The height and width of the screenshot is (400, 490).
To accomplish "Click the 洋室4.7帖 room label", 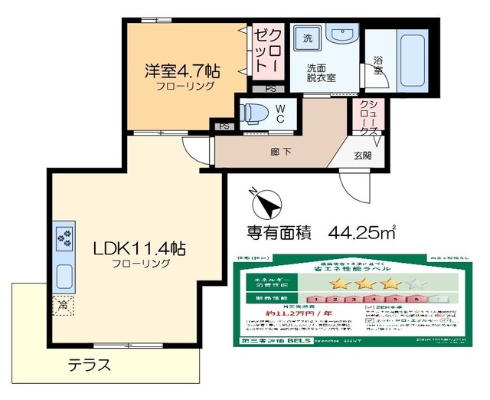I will pyautogui.click(x=183, y=72).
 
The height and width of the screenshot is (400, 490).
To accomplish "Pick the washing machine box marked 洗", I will pyautogui.click(x=307, y=38).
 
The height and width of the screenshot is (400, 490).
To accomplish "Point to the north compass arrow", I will pyautogui.click(x=265, y=204).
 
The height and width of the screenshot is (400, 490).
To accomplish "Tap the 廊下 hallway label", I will pyautogui.click(x=281, y=152).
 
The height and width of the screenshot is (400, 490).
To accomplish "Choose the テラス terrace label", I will pyautogui.click(x=90, y=364).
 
